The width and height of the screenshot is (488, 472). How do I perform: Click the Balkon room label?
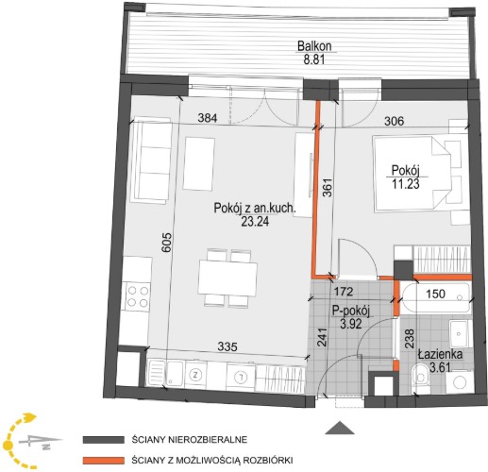(314, 46)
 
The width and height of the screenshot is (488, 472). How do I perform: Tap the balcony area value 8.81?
(313, 59)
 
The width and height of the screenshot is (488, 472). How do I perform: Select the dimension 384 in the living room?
(208, 118)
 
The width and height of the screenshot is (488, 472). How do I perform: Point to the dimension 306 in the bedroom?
(395, 121)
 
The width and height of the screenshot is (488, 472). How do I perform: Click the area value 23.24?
(255, 222)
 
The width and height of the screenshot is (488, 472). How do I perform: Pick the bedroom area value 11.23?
(406, 184)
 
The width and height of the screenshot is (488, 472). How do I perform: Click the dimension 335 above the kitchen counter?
(227, 346)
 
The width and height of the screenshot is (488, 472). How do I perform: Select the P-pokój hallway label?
(351, 312)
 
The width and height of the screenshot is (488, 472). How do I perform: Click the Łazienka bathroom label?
(440, 354)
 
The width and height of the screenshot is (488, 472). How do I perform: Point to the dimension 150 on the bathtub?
(436, 294)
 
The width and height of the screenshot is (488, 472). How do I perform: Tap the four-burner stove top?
(138, 296)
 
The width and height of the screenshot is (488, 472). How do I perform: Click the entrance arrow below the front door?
(340, 428)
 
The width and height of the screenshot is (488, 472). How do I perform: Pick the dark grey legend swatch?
(104, 440)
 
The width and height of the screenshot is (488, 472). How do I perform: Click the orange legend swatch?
(104, 461)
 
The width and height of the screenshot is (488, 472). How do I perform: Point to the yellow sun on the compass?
(8, 445)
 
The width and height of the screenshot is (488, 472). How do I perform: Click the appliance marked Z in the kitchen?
(196, 375)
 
